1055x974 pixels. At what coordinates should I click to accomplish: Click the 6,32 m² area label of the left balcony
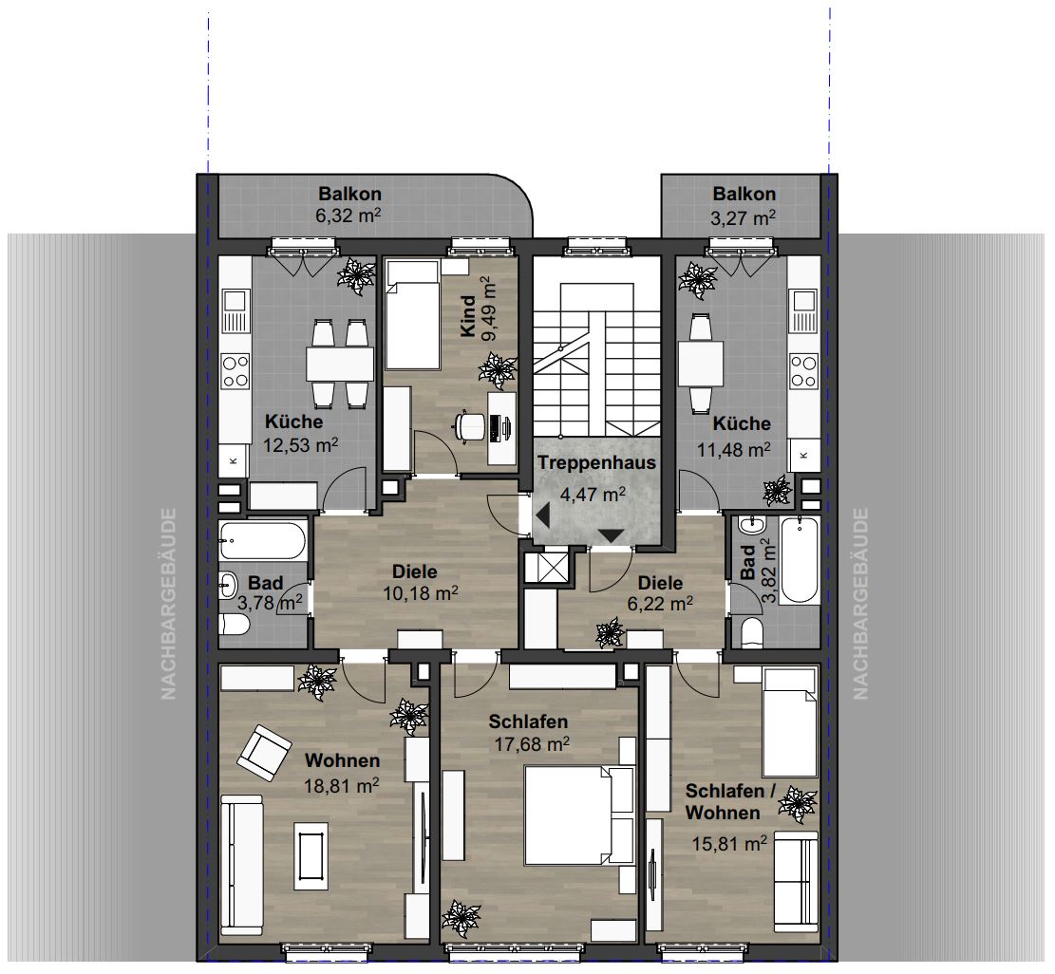pos(349,215)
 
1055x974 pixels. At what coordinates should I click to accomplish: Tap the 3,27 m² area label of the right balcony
pos(743,218)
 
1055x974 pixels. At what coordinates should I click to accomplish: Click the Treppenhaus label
pos(596,462)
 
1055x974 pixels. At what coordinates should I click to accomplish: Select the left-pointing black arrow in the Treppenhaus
pos(542,517)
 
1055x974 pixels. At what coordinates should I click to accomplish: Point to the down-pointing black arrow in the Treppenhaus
pos(612,536)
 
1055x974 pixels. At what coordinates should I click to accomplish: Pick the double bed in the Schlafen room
pos(579,815)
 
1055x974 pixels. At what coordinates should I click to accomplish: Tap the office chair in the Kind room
pos(470,426)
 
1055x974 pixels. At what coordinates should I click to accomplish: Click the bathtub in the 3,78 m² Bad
pos(262,541)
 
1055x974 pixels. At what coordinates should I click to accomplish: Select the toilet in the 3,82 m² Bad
pos(751,633)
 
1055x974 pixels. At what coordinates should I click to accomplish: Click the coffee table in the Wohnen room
pos(311,855)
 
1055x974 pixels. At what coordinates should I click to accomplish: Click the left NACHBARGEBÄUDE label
pos(168,604)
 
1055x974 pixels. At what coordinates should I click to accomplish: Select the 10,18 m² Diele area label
pos(421,594)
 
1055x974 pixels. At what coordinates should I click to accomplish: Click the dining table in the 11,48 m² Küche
pos(701,364)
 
